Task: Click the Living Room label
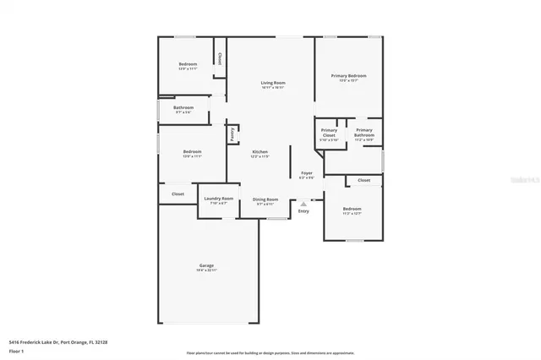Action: (x=272, y=82)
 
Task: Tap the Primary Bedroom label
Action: (x=348, y=76)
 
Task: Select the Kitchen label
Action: (x=260, y=152)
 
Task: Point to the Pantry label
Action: (x=232, y=133)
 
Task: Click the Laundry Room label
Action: (x=218, y=199)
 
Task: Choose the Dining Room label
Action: (x=265, y=199)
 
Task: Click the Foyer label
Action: (x=307, y=173)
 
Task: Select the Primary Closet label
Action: (x=329, y=133)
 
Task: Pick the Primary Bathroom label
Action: (x=364, y=133)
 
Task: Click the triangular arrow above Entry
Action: (x=303, y=204)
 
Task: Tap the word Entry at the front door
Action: (x=303, y=211)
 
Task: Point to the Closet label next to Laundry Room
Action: (x=178, y=194)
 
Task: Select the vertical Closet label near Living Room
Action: (x=220, y=59)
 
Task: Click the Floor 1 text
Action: (x=17, y=350)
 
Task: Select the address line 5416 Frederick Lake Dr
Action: (x=58, y=341)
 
